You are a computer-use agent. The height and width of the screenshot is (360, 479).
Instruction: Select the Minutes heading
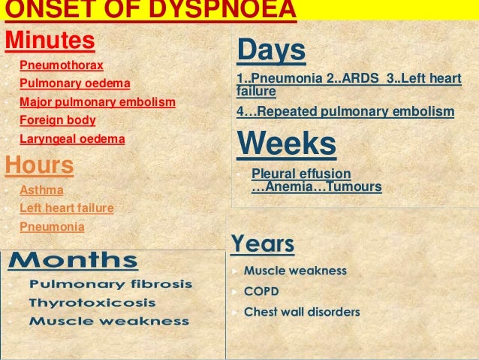(50, 40)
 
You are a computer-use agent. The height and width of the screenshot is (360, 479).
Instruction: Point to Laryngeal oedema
(72, 138)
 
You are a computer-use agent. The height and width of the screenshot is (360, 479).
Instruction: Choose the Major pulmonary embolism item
(98, 101)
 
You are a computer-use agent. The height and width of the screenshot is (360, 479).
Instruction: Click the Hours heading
(39, 165)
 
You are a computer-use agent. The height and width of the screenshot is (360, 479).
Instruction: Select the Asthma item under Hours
(41, 190)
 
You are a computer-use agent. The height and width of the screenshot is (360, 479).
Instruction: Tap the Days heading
(271, 51)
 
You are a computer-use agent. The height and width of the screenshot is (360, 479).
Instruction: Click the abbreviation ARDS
(359, 80)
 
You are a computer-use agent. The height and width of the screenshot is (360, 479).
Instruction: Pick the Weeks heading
(286, 144)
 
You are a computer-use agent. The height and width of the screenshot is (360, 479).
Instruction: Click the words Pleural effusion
(301, 174)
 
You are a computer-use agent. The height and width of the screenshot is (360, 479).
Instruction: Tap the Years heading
(263, 244)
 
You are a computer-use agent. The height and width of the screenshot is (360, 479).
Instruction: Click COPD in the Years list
(262, 291)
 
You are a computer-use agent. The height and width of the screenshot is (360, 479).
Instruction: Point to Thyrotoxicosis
(92, 303)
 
